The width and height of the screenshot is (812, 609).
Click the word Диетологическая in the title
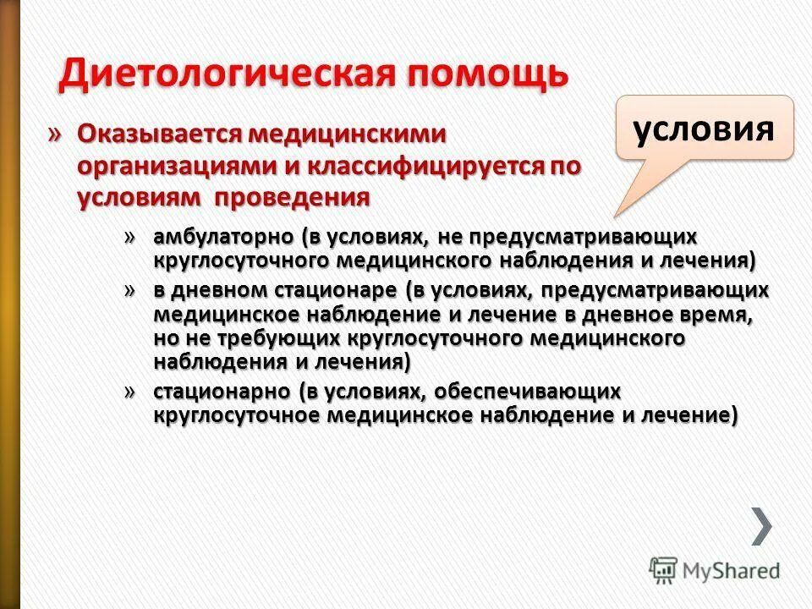point(226,74)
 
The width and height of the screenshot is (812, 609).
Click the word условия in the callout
point(704,129)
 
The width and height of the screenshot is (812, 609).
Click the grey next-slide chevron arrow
point(761,525)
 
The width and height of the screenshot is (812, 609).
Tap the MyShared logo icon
point(663,570)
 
